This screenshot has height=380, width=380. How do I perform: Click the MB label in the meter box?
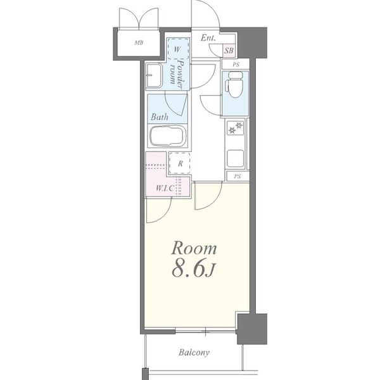coord(139,43)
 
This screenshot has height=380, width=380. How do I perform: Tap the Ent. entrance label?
coord(208,38)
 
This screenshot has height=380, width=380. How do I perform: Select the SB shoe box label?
coord(229,51)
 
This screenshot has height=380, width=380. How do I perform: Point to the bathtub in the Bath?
coord(168,136)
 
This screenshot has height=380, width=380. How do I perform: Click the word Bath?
coord(159,117)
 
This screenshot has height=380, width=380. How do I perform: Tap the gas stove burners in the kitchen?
coord(236,128)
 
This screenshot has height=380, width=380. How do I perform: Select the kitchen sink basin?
coord(235,158)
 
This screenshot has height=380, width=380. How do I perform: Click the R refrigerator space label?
coord(180,164)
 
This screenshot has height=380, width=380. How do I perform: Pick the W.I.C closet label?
coord(165,188)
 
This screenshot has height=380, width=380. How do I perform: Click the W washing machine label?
coord(177,49)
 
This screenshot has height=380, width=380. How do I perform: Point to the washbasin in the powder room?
coord(154,75)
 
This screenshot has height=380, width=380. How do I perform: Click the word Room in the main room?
coord(194,248)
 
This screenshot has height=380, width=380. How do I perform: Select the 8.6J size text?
coord(193,269)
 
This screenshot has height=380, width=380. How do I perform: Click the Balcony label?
coord(194,352)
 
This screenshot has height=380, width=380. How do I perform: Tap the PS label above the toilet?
coord(236,65)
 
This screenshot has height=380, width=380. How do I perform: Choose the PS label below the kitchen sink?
coord(237,177)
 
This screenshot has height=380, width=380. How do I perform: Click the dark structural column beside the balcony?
coord(252,329)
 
